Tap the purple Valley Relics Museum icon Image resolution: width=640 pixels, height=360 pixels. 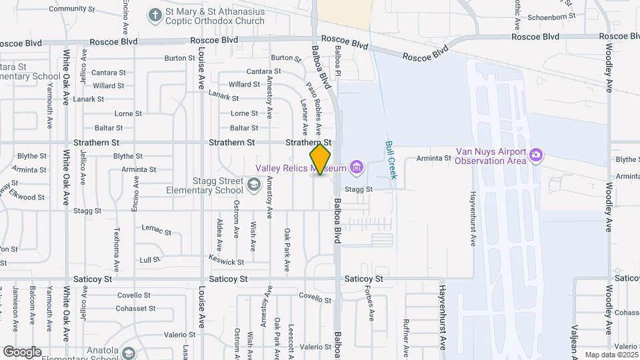357,166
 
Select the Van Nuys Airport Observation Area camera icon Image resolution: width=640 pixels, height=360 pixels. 536,155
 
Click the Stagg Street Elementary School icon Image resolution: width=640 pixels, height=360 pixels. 253,184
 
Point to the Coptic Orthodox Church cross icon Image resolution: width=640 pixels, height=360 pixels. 155,14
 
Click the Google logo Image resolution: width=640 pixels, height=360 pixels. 21,351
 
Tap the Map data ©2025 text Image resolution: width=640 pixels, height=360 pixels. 611,355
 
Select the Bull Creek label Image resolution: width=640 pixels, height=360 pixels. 391,160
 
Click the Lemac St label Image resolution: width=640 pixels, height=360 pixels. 157,229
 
